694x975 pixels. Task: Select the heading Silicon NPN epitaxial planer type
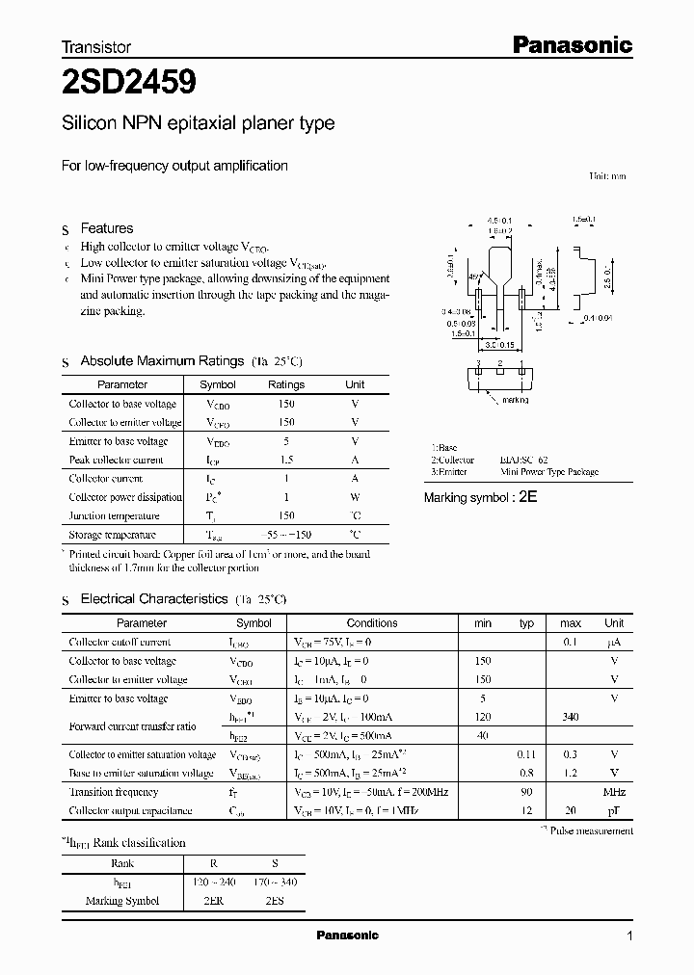(198, 123)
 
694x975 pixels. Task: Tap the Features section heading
(106, 228)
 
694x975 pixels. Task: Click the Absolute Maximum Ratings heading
(161, 360)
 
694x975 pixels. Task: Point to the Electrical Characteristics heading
(153, 598)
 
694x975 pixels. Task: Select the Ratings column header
(285, 384)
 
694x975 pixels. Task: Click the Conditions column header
(371, 623)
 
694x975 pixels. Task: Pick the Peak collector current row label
(116, 460)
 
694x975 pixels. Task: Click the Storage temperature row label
(112, 534)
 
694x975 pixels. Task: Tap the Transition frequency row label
(113, 792)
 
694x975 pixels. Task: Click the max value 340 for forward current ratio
(570, 717)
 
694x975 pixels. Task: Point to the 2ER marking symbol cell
(215, 901)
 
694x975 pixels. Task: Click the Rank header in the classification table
(122, 864)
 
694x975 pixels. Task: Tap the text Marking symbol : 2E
(479, 497)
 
